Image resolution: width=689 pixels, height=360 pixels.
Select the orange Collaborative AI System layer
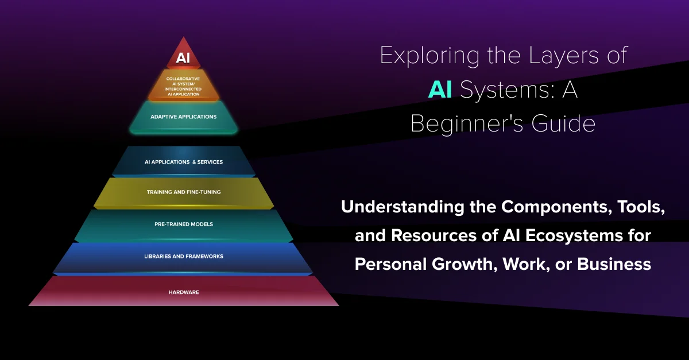pyautogui.click(x=183, y=86)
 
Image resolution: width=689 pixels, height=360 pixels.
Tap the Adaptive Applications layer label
pyautogui.click(x=183, y=117)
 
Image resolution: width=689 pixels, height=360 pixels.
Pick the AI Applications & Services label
pyautogui.click(x=184, y=162)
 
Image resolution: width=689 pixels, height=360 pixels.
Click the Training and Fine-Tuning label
pyautogui.click(x=184, y=192)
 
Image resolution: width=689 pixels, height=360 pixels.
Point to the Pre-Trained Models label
pyautogui.click(x=184, y=224)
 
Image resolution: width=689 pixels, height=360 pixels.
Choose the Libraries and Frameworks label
pyautogui.click(x=184, y=256)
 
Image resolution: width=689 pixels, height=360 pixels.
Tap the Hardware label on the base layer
pyautogui.click(x=184, y=292)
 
